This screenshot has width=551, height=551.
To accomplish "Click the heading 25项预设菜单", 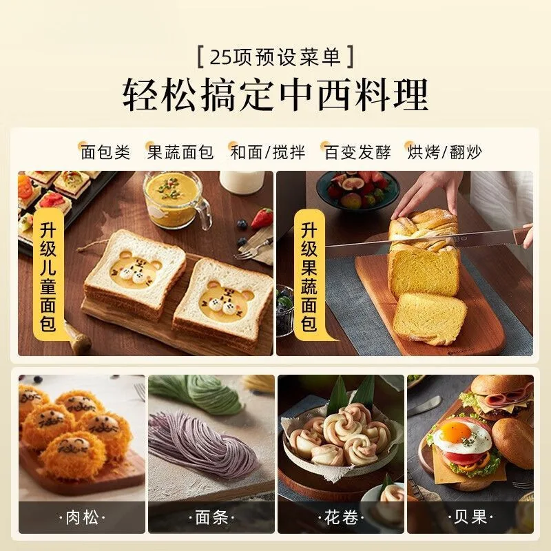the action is tap(275, 57).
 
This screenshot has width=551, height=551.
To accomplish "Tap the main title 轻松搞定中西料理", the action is tap(275, 94).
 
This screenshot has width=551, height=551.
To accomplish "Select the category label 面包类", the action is tap(105, 152).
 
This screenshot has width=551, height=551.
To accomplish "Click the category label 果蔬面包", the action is tap(180, 152).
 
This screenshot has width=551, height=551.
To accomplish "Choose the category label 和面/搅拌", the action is tap(268, 152).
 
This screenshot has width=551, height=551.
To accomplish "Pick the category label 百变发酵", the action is tap(357, 152).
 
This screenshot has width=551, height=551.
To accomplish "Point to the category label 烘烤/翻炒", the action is tap(444, 152).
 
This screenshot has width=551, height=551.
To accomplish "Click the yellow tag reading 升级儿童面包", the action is tap(48, 277).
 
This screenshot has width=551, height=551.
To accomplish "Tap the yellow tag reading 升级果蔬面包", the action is tap(309, 277).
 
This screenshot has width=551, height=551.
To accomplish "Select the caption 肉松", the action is tap(82, 517).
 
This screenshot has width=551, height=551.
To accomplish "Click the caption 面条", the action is tap(211, 517).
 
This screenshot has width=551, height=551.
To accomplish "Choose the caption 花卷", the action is tap(341, 517).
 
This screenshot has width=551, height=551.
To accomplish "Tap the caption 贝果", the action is tap(470, 517).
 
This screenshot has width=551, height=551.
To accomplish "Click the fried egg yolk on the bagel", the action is tap(455, 433).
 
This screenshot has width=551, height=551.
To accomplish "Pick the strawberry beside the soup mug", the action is tap(263, 218).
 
